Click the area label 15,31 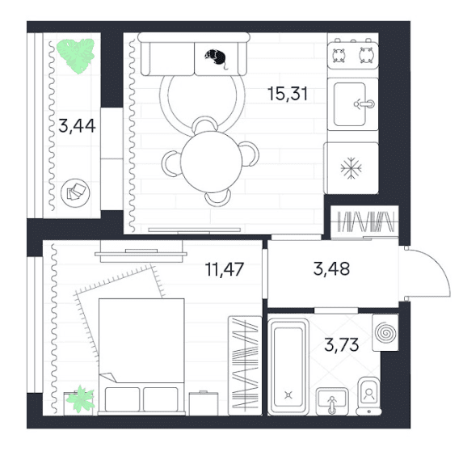click(288, 94)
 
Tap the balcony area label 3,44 click(77, 125)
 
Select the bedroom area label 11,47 click(225, 269)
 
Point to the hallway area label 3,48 click(331, 269)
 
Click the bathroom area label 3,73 click(342, 344)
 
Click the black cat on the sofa click(216, 58)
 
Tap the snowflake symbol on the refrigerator click(351, 168)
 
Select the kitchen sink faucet click(364, 104)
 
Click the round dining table click(211, 162)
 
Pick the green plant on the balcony click(76, 56)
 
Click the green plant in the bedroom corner click(80, 399)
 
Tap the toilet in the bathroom click(368, 396)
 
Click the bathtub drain click(288, 395)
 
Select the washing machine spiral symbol click(385, 333)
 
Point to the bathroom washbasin click(332, 401)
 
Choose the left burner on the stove click(339, 55)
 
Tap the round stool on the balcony click(75, 193)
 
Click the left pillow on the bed click(122, 399)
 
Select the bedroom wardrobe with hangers click(245, 365)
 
